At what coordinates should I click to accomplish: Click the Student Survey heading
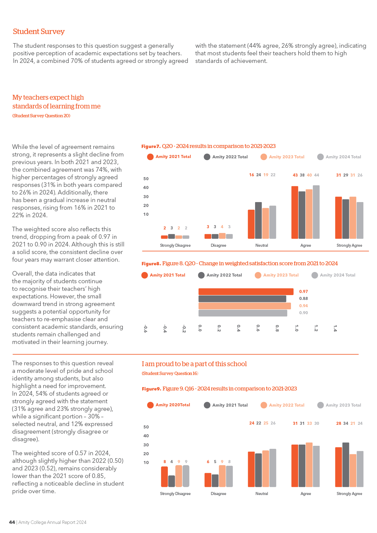click(39, 32)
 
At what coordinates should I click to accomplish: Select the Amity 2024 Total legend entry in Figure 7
click(339, 157)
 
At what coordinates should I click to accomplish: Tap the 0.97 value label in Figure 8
click(303, 291)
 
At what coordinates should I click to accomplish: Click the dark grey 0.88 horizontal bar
click(242, 299)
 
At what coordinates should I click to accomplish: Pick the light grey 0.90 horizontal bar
click(243, 313)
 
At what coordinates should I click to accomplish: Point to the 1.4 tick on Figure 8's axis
click(335, 328)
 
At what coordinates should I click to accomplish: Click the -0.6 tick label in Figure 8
click(145, 328)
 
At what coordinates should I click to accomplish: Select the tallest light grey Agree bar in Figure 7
click(316, 212)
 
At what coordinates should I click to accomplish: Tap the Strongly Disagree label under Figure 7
click(175, 245)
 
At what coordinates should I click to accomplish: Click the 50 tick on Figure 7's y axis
click(146, 179)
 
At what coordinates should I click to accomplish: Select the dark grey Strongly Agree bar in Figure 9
click(346, 465)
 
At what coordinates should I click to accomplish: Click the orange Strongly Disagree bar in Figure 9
click(164, 477)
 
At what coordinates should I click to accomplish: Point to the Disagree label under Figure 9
click(219, 493)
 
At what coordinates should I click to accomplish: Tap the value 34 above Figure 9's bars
click(346, 423)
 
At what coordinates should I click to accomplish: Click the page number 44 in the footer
click(12, 522)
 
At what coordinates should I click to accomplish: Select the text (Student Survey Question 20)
click(41, 116)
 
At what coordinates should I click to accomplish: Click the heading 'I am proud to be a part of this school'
click(194, 364)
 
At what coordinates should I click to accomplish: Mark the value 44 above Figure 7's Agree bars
click(316, 175)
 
